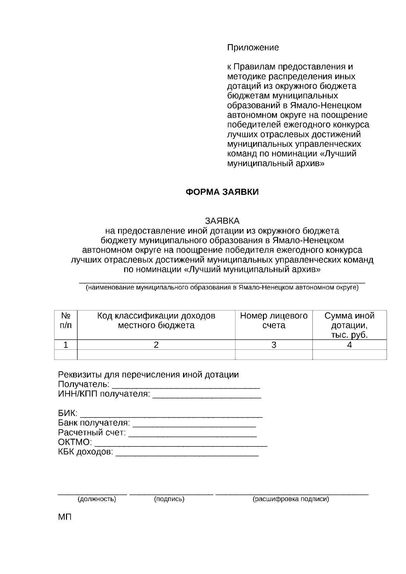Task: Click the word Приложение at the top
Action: (x=253, y=48)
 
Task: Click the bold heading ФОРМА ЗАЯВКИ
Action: (x=222, y=192)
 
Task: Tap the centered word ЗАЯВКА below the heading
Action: (x=222, y=221)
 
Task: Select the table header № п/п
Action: (x=66, y=320)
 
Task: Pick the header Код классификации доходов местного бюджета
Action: (x=156, y=320)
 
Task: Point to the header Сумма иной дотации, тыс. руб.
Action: (x=349, y=325)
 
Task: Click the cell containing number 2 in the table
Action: (x=156, y=345)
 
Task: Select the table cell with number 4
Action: (x=349, y=345)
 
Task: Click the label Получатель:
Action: (x=84, y=385)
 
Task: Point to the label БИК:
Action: (x=68, y=413)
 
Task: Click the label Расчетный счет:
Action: (x=92, y=433)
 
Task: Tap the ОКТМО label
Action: (x=75, y=442)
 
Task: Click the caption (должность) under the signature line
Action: (x=97, y=499)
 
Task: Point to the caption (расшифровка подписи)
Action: (x=291, y=499)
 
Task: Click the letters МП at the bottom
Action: (x=65, y=518)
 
